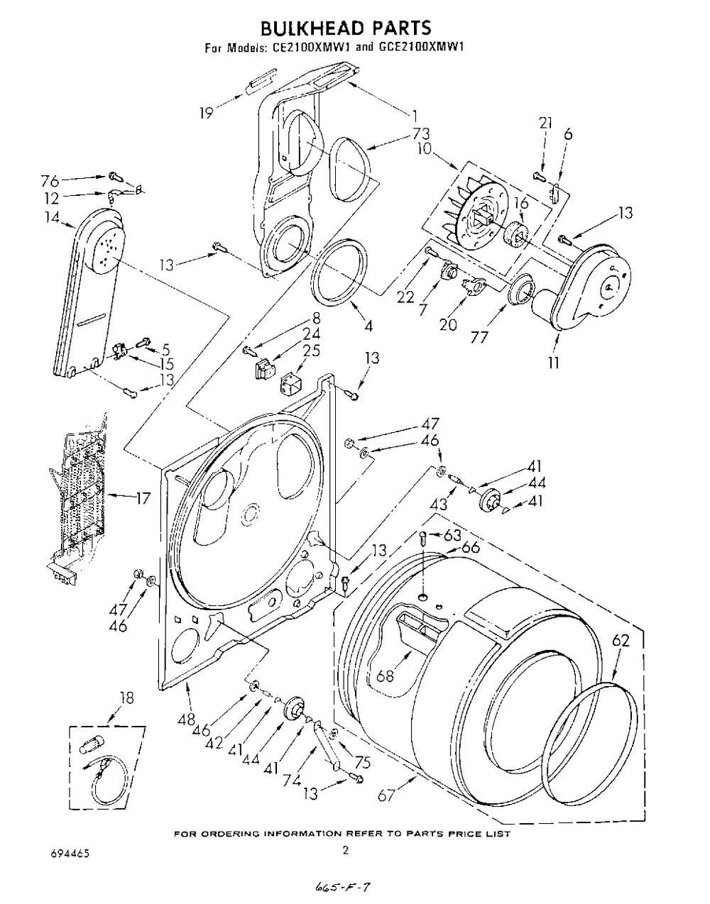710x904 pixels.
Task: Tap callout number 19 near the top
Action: pyautogui.click(x=207, y=112)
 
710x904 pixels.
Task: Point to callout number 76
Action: pyautogui.click(x=50, y=181)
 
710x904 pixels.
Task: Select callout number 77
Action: pyautogui.click(x=479, y=337)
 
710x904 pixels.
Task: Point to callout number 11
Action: pyautogui.click(x=553, y=363)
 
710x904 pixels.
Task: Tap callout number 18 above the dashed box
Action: pyautogui.click(x=126, y=698)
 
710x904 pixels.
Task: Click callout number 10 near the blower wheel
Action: pyautogui.click(x=425, y=149)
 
